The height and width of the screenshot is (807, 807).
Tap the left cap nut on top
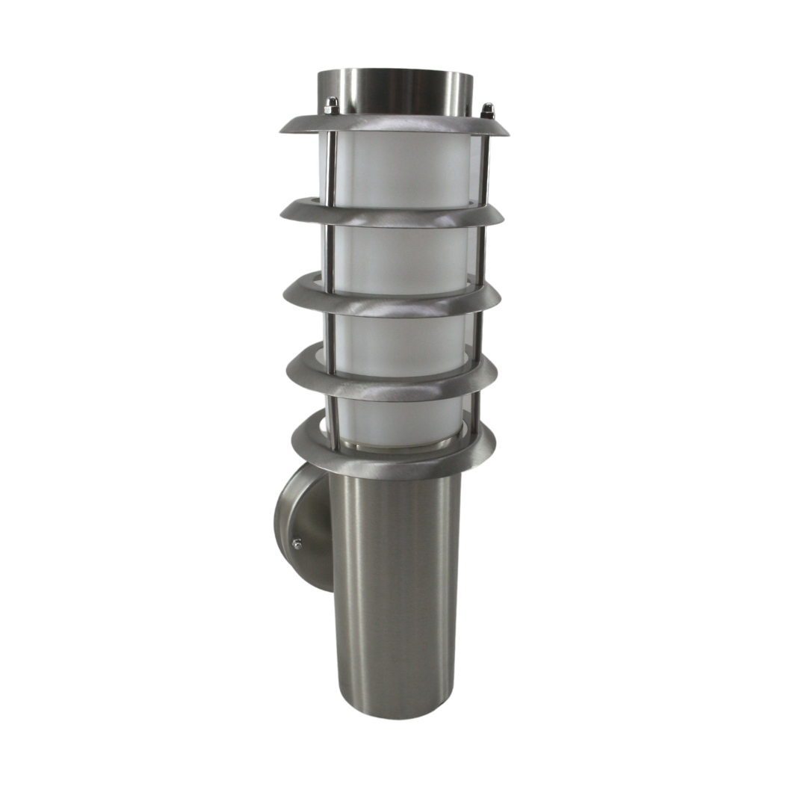click(332, 105)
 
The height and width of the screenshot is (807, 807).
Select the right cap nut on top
click(487, 111)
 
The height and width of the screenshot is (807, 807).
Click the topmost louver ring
click(394, 125)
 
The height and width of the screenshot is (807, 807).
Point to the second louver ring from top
click(393, 215)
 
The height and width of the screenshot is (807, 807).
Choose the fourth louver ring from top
click(393, 378)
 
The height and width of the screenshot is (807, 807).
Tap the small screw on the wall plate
click(297, 544)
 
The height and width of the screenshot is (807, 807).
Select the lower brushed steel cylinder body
click(395, 583)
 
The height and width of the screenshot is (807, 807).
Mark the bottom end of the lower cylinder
click(395, 710)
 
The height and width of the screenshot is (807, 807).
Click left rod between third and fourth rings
click(330, 336)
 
